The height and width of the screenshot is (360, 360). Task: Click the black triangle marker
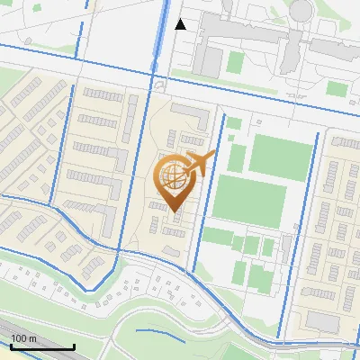pyautogui.click(x=181, y=24)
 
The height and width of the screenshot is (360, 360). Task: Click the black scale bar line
pyautogui.click(x=41, y=347)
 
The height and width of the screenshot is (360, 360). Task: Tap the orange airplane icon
pyautogui.click(x=200, y=163)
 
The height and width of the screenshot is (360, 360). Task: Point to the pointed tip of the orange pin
pyautogui.click(x=173, y=211)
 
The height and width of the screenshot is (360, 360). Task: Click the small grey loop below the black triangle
pyautogui.click(x=159, y=84)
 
